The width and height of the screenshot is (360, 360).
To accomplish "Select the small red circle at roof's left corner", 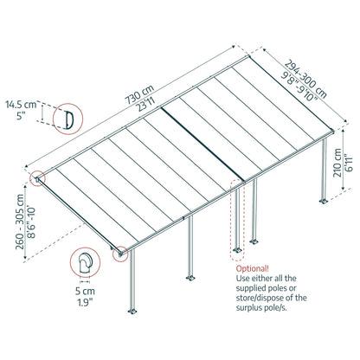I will coord(38,179).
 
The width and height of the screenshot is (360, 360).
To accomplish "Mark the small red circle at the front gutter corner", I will coord(121,254).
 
